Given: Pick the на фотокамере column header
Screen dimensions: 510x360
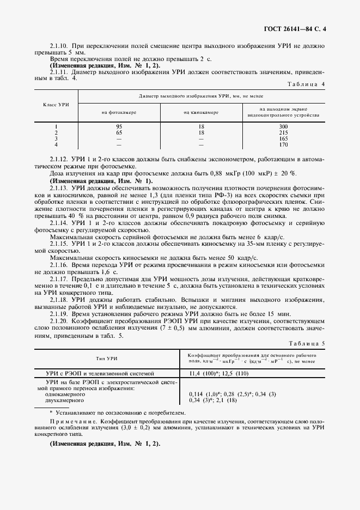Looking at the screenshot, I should (x=119, y=113).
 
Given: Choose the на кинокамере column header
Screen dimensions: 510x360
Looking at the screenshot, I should (x=201, y=113).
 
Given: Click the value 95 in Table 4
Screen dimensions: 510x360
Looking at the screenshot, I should (x=119, y=126).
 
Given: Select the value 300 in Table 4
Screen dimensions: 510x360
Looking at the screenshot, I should (x=283, y=126).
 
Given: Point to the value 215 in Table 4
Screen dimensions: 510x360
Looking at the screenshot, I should (x=283, y=132).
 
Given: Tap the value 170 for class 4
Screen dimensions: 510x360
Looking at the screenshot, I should (x=283, y=145).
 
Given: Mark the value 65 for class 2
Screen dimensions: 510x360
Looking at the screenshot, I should (x=119, y=132).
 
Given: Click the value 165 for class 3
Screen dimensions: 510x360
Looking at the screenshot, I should (x=283, y=139).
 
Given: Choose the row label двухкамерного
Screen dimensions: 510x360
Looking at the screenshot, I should (x=64, y=400).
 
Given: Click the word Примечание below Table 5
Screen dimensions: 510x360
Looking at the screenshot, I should (x=68, y=421).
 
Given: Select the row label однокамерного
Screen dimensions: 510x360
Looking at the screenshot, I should (x=64, y=394).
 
